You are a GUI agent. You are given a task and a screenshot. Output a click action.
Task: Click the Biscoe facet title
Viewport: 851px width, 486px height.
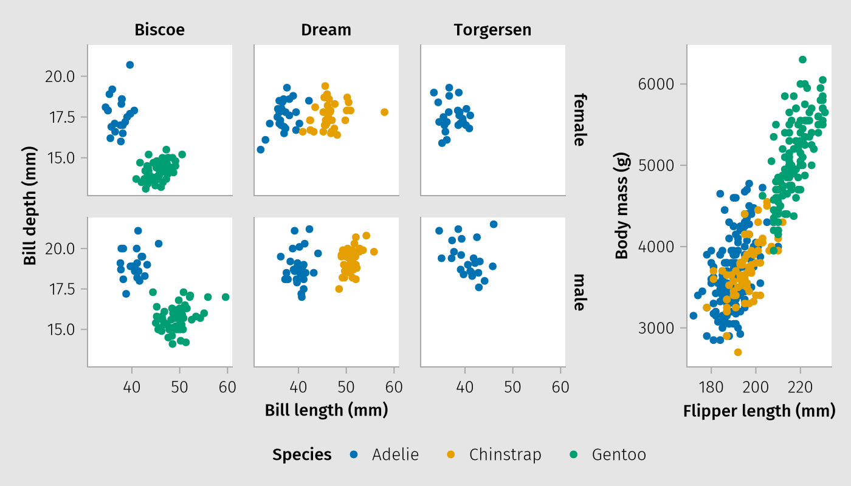pos(160,30)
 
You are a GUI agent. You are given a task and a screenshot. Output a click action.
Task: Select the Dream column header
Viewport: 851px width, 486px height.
pos(326,30)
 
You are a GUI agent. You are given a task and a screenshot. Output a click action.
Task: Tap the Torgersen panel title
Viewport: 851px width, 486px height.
pos(492,30)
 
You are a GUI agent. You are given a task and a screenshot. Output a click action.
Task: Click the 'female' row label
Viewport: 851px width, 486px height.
pos(579,120)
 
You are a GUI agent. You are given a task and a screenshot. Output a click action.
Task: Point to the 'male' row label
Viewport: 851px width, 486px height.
pos(579,292)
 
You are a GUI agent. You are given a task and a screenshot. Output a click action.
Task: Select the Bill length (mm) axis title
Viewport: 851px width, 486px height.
pos(326,411)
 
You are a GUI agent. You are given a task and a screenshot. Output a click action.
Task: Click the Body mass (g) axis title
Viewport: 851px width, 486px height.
pos(621,207)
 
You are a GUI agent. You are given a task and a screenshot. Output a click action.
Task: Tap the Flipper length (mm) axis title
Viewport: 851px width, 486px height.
pos(759,411)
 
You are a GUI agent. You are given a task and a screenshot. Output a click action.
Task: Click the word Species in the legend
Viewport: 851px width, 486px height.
pos(302,454)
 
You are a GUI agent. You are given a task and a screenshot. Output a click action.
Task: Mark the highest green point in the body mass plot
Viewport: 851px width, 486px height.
pos(802,60)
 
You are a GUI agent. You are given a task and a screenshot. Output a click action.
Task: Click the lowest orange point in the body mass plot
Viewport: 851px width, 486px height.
pos(738,352)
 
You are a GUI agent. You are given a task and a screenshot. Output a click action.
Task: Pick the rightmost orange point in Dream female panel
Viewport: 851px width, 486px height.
pos(384,112)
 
